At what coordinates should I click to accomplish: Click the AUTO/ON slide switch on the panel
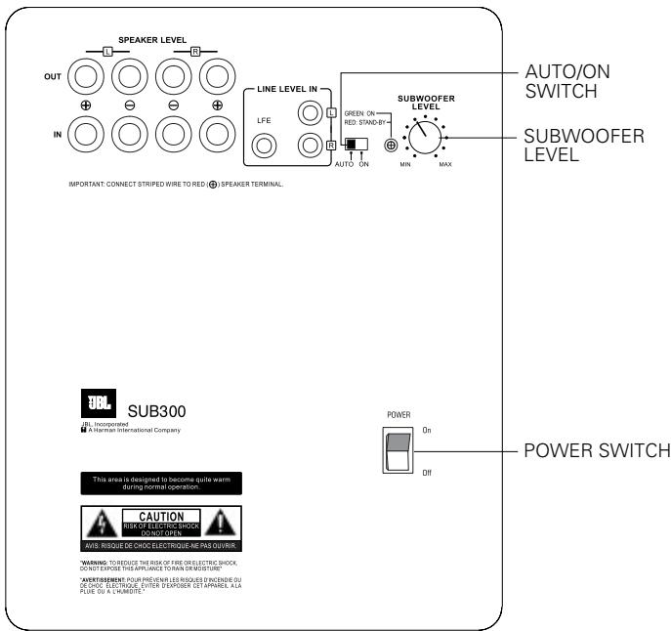[355, 145]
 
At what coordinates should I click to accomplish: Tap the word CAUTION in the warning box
[161, 514]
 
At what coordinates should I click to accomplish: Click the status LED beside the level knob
[392, 146]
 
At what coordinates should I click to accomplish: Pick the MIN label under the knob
[401, 166]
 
